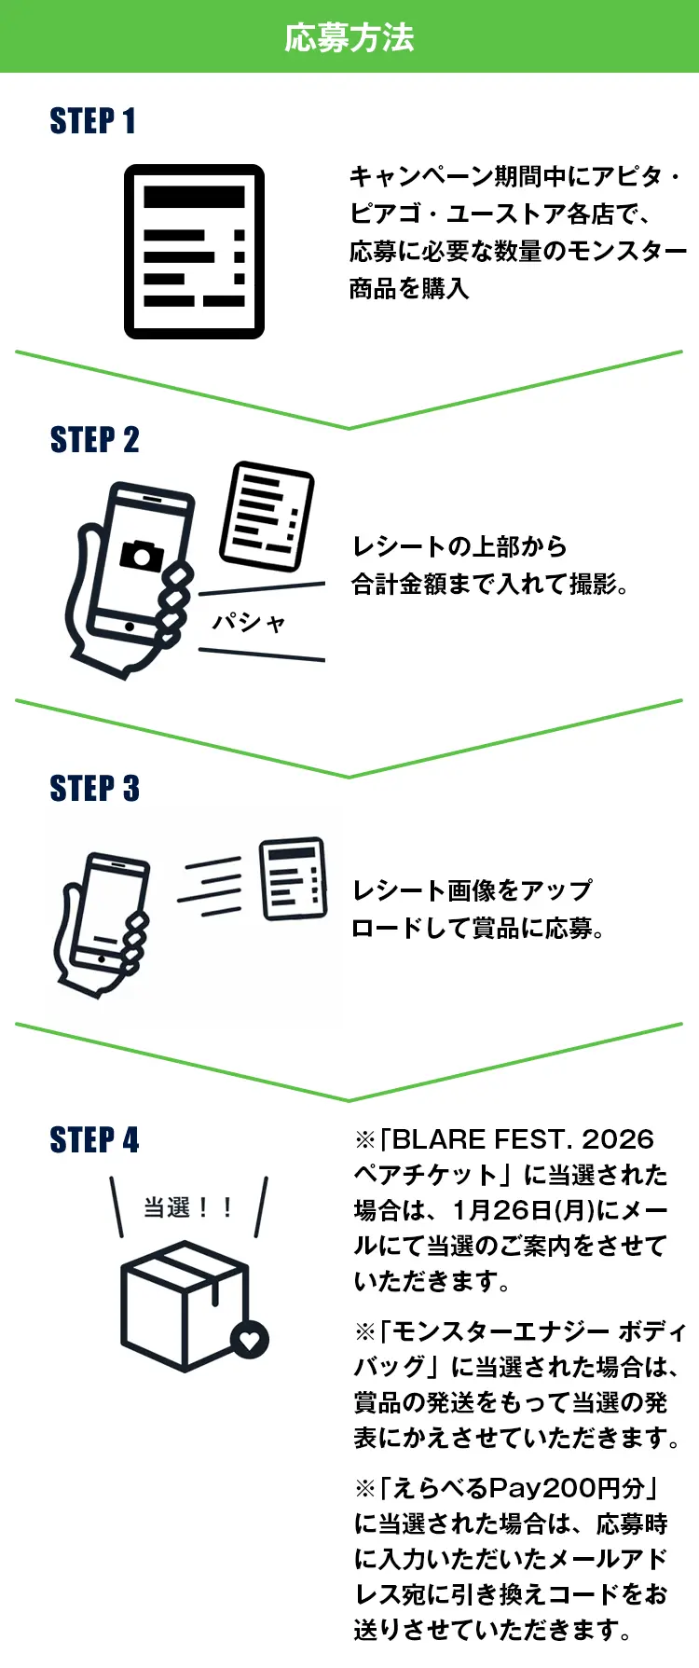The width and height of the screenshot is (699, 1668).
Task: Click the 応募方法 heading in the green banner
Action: (x=349, y=37)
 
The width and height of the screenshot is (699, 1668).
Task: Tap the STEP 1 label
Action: (x=92, y=121)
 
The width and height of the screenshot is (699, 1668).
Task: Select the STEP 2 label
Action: (x=94, y=440)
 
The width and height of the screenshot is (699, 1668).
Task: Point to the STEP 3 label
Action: (x=94, y=789)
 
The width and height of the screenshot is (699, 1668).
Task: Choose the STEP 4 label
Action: (x=94, y=1139)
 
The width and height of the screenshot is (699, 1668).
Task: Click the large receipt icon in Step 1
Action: (x=194, y=251)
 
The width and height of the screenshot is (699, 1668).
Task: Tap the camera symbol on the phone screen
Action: (x=142, y=555)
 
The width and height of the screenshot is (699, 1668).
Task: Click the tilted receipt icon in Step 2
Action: (x=267, y=516)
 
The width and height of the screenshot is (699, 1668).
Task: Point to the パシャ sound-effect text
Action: (x=249, y=622)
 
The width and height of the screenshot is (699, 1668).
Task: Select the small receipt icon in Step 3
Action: (x=294, y=878)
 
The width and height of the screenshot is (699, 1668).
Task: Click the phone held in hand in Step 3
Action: (x=104, y=923)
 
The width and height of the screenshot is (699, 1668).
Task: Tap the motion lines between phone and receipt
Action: (x=211, y=887)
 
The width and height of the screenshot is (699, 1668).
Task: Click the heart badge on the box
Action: (x=250, y=1340)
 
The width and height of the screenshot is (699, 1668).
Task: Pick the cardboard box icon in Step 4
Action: (x=186, y=1305)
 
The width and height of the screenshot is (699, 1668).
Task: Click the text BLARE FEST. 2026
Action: (x=523, y=1139)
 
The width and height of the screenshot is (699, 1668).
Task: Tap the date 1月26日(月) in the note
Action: (x=523, y=1210)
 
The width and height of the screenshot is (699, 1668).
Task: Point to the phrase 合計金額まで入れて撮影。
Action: (x=490, y=585)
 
